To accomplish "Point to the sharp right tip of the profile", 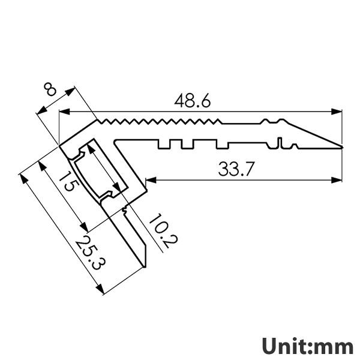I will coord(341,146).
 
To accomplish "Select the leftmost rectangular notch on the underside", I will coord(164,145).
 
